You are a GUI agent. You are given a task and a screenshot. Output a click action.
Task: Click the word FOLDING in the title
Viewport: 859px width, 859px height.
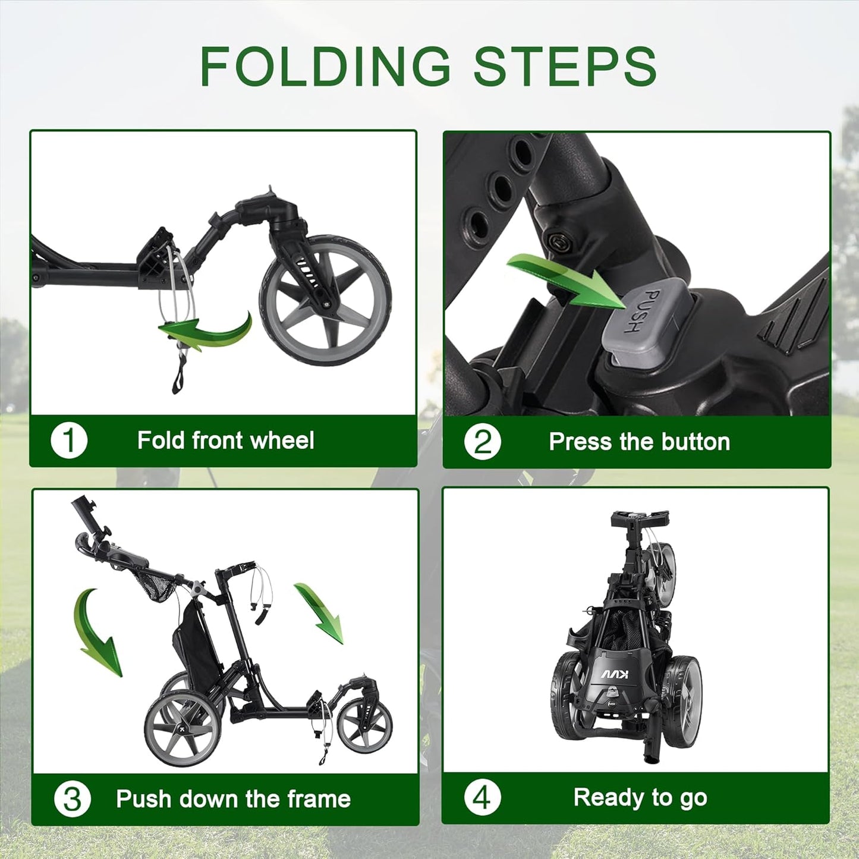[325, 66]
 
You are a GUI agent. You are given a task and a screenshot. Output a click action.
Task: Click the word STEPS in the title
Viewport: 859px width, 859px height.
[565, 66]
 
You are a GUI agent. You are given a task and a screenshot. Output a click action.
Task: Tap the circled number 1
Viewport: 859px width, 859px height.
[69, 441]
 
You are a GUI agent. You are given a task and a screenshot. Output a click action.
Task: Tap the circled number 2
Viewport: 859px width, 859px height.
[482, 442]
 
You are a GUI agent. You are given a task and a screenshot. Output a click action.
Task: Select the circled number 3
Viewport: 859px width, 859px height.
[72, 799]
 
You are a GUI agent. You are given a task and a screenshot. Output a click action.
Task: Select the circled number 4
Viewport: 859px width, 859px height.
[482, 798]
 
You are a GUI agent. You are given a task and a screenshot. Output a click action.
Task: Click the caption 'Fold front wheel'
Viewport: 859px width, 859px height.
[225, 441]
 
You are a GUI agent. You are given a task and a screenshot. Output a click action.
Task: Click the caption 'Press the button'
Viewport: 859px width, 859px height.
[639, 442]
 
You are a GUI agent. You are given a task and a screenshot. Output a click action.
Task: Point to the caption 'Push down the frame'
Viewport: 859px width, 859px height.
[233, 799]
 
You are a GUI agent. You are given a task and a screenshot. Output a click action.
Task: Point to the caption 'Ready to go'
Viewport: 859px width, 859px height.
[640, 798]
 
